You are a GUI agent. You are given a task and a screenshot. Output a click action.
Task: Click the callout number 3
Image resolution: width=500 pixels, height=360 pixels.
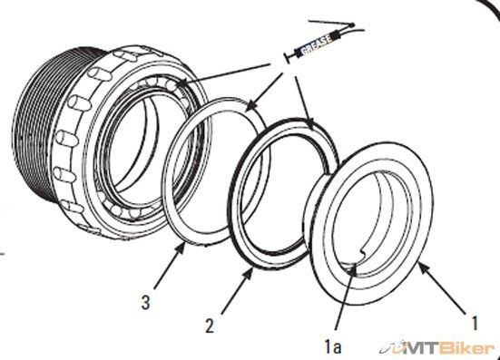[145, 302]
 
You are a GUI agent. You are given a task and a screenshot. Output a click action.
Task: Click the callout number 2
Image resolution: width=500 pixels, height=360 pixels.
[210, 326]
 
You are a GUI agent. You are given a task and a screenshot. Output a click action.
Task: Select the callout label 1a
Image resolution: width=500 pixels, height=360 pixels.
[333, 346]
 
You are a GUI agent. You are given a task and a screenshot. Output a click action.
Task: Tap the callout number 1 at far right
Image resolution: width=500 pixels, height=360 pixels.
[475, 323]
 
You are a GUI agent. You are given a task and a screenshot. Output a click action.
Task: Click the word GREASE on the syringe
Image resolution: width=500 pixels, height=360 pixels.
[316, 44]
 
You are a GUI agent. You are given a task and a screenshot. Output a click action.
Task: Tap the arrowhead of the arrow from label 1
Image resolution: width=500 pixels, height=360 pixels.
[423, 268]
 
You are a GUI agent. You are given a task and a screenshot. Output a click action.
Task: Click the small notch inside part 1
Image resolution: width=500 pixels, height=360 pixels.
[364, 252]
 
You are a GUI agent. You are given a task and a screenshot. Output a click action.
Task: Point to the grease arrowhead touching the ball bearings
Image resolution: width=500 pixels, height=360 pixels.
[181, 83]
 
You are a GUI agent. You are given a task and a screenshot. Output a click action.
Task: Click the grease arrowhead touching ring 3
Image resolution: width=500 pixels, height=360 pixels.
[251, 104]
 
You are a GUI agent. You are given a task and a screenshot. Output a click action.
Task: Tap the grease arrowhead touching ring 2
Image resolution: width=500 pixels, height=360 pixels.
[309, 123]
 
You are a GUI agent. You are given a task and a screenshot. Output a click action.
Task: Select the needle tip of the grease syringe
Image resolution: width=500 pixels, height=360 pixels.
[352, 24]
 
